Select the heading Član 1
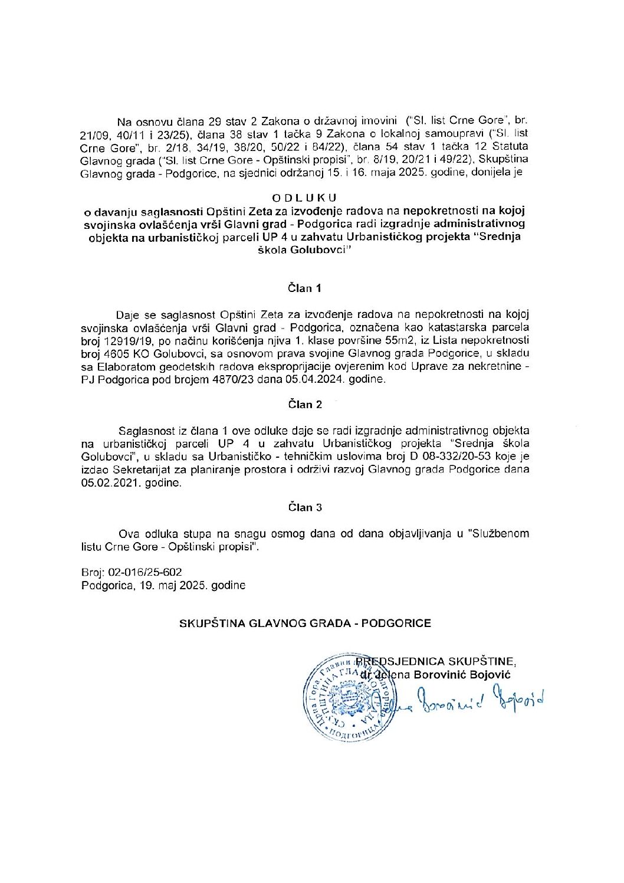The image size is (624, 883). (305, 288)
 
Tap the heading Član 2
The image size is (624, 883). (305, 405)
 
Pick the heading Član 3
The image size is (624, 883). (305, 507)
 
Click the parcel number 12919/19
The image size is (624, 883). (125, 340)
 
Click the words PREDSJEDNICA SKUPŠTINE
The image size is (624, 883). (439, 662)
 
